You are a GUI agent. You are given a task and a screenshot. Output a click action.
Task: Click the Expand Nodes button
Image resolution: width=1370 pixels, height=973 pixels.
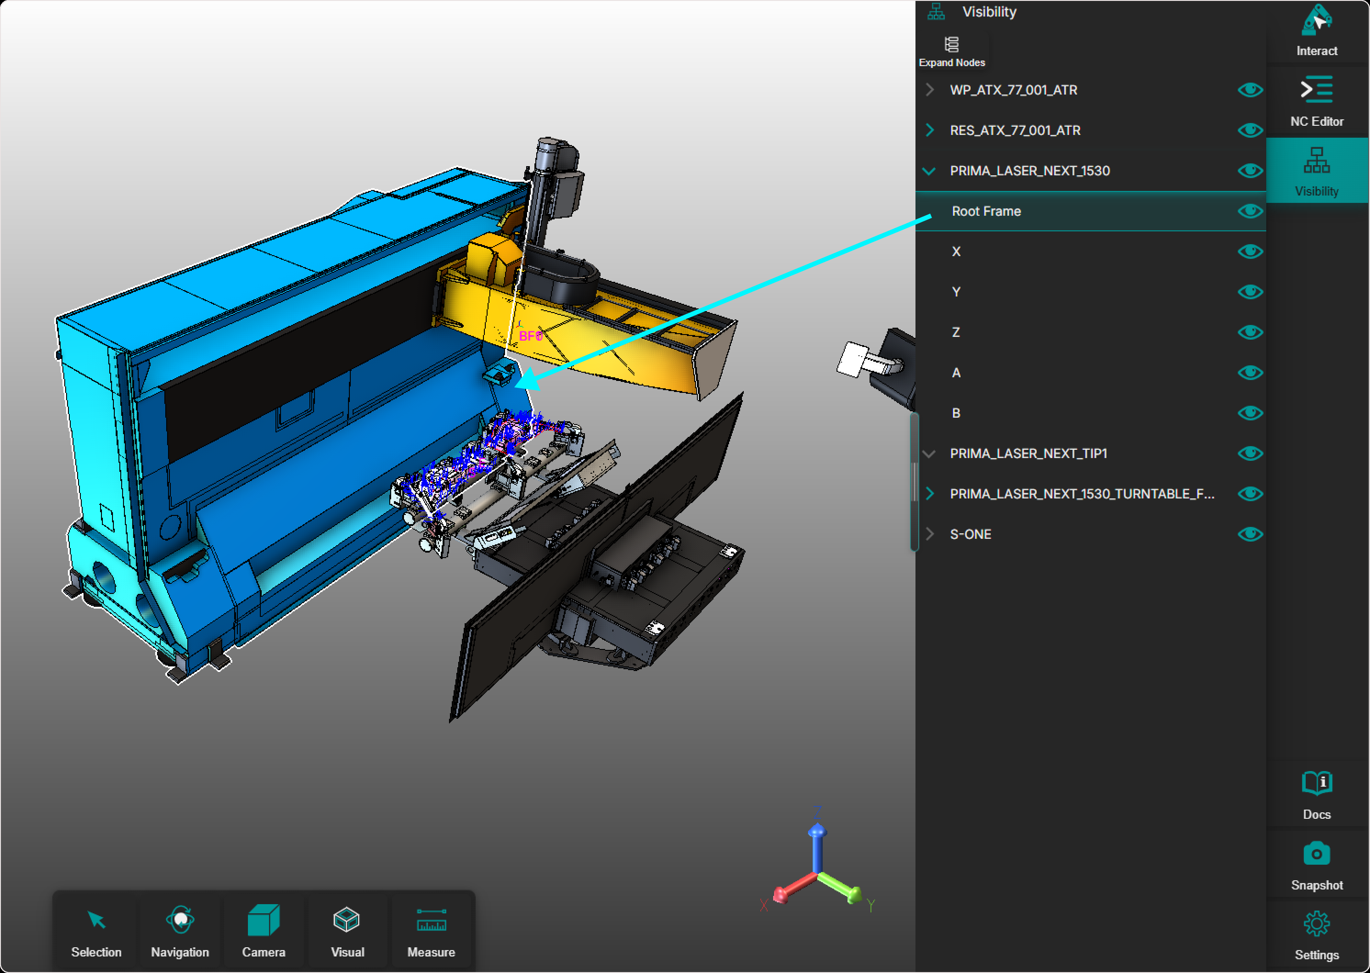pos(952,51)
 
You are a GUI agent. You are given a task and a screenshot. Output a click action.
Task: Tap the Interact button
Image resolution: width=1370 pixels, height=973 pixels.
pos(1317,30)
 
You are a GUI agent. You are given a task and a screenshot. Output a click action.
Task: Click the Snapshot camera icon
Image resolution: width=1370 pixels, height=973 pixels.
pos(1317,854)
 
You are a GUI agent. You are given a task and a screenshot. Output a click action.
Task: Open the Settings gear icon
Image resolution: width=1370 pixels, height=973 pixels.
pos(1317,924)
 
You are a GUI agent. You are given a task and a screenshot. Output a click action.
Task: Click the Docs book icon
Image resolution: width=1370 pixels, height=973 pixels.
pos(1317,783)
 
